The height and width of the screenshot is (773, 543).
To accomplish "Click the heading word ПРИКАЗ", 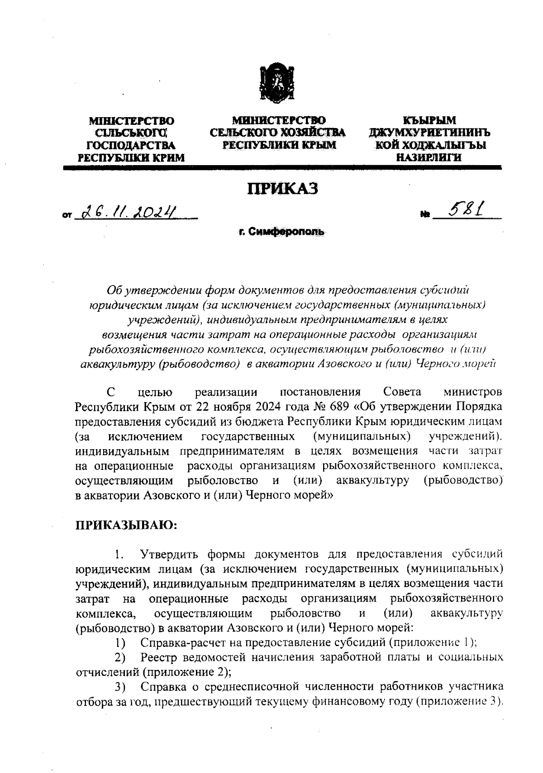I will [x=282, y=189].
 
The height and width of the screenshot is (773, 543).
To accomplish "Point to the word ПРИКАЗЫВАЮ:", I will [x=126, y=525].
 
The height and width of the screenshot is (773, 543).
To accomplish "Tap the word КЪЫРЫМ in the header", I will [x=429, y=121].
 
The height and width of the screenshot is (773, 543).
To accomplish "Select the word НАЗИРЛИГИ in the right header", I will [x=429, y=157].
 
